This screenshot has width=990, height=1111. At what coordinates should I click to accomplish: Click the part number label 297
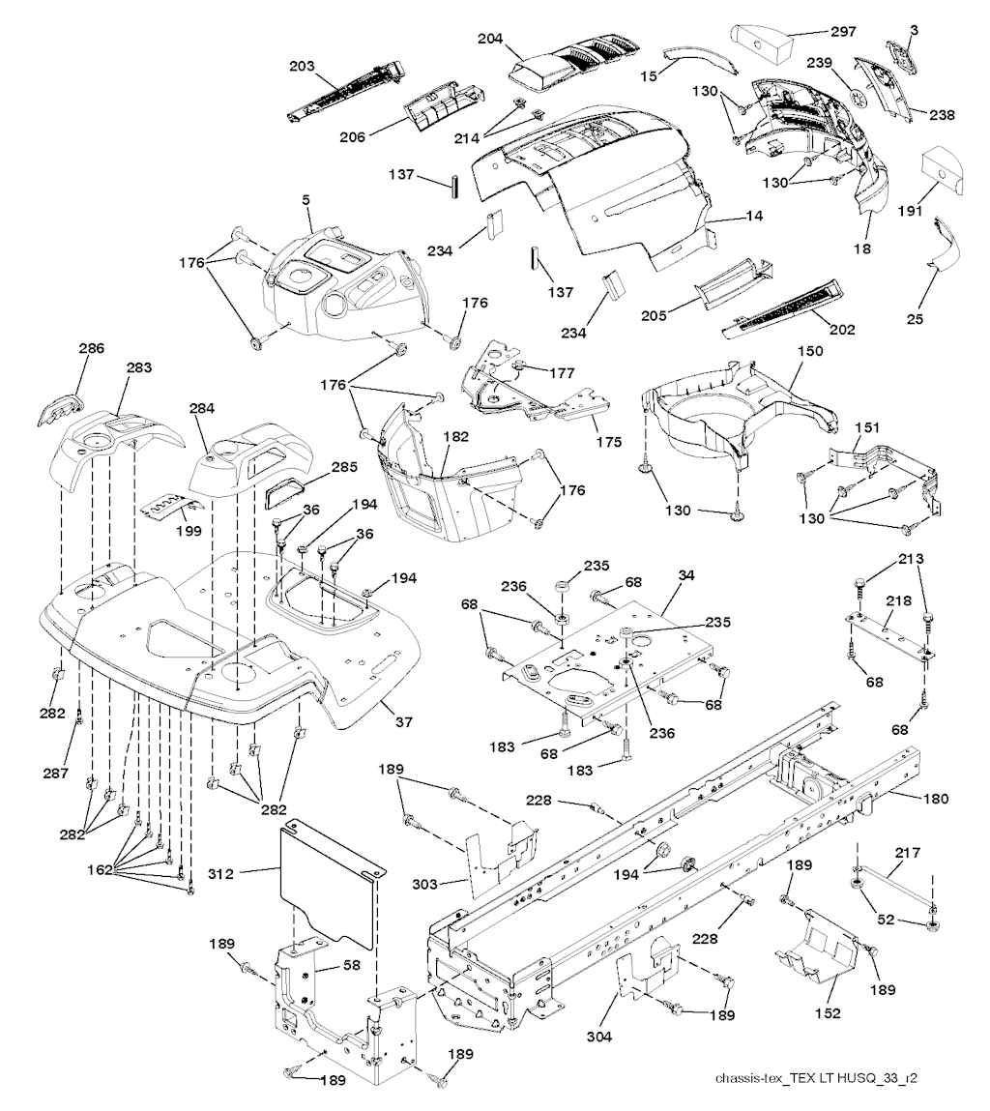click(x=844, y=31)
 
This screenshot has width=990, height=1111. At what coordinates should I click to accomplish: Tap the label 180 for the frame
click(x=936, y=799)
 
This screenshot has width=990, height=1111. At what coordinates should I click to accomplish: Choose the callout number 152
click(x=828, y=1013)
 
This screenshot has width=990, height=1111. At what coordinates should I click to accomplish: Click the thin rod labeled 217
click(x=891, y=882)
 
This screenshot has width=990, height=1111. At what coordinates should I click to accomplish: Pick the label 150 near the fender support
click(x=810, y=351)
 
